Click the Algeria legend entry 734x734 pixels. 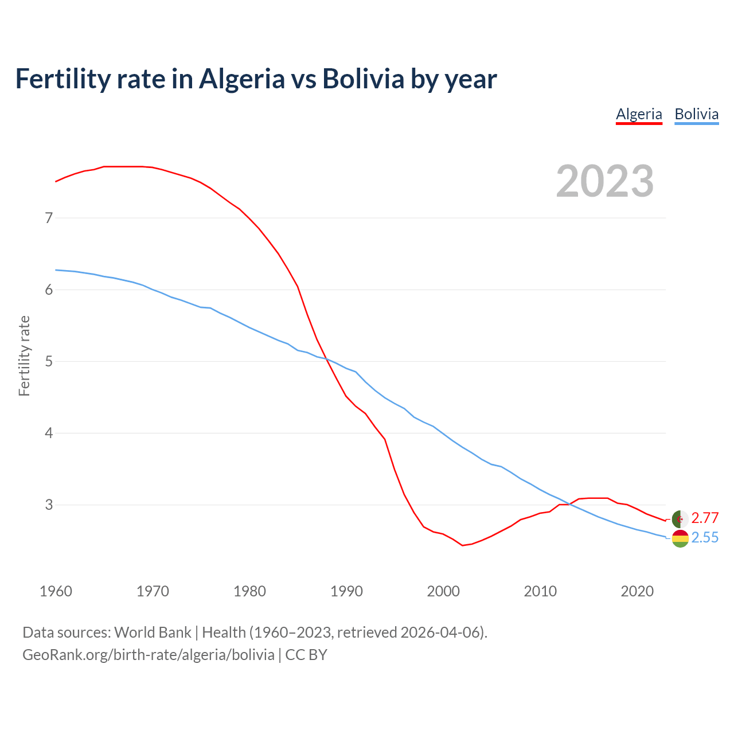639,114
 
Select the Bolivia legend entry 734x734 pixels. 696,114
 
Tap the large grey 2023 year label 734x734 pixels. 605,181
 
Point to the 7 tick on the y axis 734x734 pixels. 49,218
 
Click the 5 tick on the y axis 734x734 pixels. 49,361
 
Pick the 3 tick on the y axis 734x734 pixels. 49,505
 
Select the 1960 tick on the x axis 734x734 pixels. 56,591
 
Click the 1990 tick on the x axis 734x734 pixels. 346,591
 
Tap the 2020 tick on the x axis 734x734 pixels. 637,591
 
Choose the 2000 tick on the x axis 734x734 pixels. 443,591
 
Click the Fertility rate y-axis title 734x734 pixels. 24,356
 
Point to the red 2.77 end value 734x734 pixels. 705,518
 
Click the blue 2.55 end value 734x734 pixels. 705,538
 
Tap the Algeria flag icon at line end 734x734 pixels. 680,519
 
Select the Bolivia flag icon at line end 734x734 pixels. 680,538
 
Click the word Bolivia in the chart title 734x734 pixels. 364,79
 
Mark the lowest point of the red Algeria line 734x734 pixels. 462,545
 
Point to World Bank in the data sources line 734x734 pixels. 153,633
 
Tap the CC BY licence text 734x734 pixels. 306,655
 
